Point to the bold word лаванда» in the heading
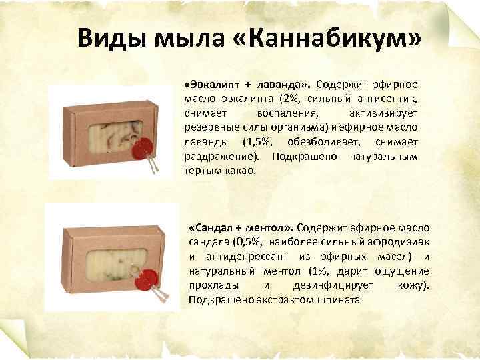284,85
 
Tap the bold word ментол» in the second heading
273,228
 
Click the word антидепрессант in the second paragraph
239,257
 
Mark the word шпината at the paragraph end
341,300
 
